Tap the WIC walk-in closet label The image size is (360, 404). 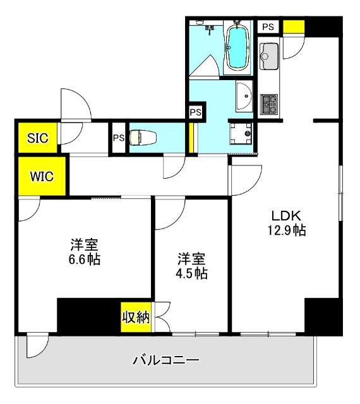coord(40,176)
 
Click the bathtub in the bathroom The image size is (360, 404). coord(237,49)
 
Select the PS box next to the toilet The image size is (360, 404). coord(118,137)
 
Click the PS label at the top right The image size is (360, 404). coord(268,27)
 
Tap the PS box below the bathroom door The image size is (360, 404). coord(196,112)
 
